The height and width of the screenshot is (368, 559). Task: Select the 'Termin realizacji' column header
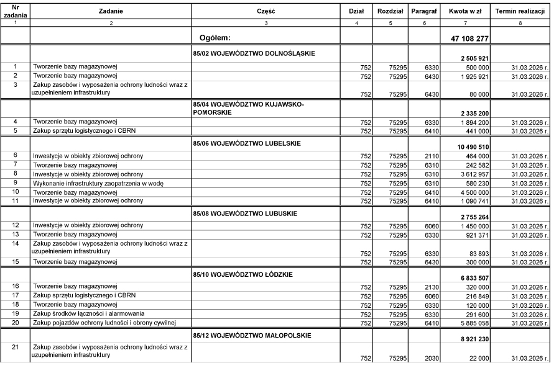point(520,11)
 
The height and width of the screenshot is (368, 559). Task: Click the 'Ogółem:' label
point(216,38)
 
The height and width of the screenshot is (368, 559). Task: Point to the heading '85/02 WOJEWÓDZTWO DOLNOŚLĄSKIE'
point(254,53)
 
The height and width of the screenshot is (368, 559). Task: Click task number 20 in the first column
point(15,323)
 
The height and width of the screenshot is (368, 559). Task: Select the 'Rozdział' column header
point(390,11)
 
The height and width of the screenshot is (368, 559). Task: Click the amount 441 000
point(476,132)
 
